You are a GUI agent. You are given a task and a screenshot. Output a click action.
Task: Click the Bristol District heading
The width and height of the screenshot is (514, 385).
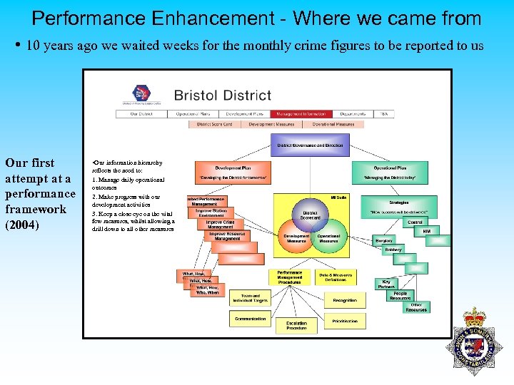(x=222, y=95)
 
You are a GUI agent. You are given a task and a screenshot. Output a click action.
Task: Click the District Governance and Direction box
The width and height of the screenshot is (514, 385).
(x=310, y=145)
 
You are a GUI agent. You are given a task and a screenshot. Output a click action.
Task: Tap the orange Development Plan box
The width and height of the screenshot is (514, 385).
(x=233, y=173)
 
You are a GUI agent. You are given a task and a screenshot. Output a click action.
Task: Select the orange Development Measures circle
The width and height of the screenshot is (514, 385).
(x=297, y=238)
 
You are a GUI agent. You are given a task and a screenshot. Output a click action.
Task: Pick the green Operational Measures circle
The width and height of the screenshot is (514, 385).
(x=328, y=238)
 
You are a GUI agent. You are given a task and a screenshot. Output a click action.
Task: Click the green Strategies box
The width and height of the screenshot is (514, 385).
(x=398, y=207)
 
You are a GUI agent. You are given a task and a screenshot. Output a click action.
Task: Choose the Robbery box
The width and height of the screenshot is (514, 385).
(x=393, y=250)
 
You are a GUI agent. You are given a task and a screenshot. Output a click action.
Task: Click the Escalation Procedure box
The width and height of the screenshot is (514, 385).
(x=296, y=326)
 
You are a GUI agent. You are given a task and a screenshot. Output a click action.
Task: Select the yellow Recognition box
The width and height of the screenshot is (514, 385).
(x=345, y=301)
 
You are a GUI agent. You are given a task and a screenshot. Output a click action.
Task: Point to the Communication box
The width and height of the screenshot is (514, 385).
(x=251, y=319)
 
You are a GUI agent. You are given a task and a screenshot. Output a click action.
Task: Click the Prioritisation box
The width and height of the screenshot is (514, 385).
(x=345, y=322)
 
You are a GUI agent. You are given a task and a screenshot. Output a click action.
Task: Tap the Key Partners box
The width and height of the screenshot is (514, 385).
(x=386, y=284)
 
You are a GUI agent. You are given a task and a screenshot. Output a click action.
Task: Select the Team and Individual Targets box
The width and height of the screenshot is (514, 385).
(x=251, y=298)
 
